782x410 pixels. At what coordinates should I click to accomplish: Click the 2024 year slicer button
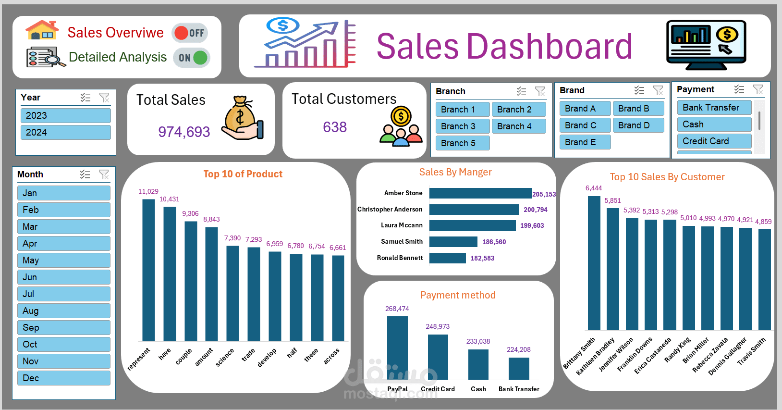click(x=65, y=132)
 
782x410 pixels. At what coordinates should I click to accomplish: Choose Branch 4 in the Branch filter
click(x=518, y=126)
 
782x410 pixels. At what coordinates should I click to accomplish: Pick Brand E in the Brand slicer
click(x=585, y=142)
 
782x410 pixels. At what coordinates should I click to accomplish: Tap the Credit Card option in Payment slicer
click(x=714, y=141)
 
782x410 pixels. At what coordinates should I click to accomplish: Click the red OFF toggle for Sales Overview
click(x=190, y=33)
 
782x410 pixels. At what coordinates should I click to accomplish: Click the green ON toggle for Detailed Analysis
click(x=192, y=58)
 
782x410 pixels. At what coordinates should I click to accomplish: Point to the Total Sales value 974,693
click(x=184, y=132)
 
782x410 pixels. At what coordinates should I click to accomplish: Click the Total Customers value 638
click(x=334, y=127)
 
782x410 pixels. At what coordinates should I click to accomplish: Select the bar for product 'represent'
click(x=148, y=269)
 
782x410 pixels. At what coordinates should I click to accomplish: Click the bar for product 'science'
click(x=232, y=293)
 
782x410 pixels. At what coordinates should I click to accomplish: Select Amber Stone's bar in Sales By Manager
click(x=480, y=193)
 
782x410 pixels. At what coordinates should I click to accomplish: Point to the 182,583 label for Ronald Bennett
click(x=482, y=258)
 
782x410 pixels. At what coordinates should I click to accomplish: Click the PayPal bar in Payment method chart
click(x=397, y=347)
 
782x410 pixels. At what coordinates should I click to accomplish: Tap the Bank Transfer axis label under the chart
click(x=519, y=389)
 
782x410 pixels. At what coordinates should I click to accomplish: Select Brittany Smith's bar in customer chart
click(x=594, y=262)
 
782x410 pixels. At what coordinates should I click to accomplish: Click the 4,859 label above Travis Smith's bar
click(x=763, y=222)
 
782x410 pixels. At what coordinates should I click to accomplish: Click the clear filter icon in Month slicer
click(x=104, y=174)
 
